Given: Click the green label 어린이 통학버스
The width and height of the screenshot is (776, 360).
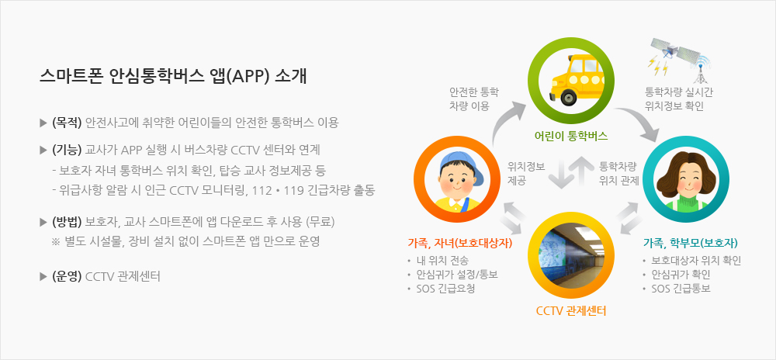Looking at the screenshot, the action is (x=571, y=135).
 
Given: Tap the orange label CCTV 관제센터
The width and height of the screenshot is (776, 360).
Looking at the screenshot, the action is (x=571, y=312).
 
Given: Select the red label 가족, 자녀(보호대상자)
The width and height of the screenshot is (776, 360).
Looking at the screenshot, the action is (x=459, y=243).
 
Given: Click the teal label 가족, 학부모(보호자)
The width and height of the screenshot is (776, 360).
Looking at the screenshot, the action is (x=691, y=243).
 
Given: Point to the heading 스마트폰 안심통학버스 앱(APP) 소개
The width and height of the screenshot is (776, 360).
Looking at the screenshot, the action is (x=173, y=77).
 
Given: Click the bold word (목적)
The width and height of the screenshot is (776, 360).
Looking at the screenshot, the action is (x=67, y=123).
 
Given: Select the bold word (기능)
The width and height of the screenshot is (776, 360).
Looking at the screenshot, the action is (x=67, y=149).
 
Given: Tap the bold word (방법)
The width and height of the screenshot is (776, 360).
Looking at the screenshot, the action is (x=67, y=222).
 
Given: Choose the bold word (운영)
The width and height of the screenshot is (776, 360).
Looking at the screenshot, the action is (x=67, y=276).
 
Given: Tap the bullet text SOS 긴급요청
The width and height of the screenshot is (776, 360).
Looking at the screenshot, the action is (x=445, y=289).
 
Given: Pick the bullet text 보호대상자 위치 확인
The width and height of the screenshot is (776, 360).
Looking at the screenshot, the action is (x=696, y=261).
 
